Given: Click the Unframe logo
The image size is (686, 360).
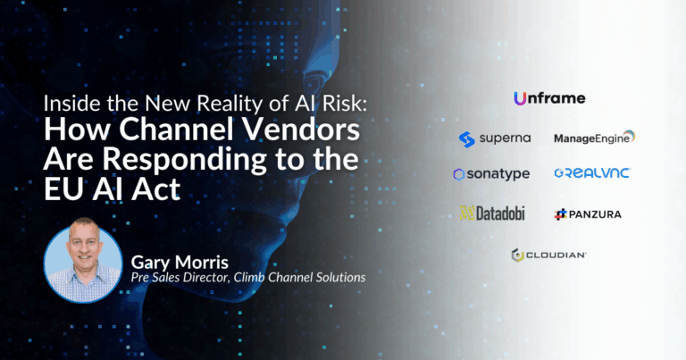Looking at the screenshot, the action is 549,98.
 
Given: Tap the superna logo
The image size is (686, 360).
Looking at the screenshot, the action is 495,139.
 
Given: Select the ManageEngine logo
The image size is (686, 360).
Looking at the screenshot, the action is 595,138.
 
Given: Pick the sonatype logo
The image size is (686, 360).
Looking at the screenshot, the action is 492,174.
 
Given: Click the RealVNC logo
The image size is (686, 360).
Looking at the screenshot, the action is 592,173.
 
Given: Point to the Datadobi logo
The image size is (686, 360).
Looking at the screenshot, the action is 492,213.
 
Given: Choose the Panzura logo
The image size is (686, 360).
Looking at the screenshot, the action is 588,214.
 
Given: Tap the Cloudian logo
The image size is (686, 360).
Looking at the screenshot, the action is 549,255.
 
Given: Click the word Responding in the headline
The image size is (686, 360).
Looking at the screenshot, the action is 184,159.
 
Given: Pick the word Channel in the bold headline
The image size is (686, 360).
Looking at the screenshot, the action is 177,130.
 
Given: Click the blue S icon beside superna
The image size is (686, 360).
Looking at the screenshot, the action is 467,139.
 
